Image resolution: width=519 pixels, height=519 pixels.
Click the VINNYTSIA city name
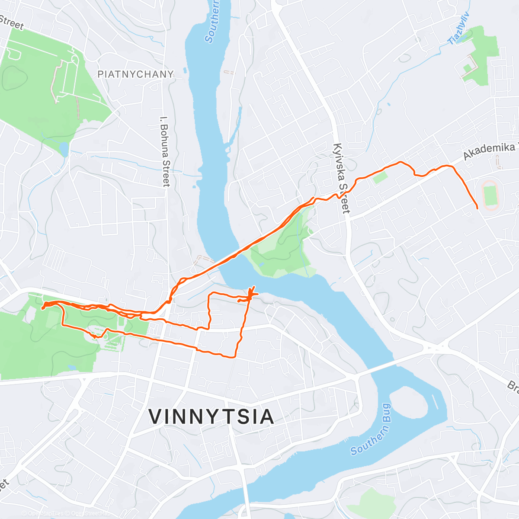[211, 416]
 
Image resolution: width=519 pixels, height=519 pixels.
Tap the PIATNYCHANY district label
[135, 74]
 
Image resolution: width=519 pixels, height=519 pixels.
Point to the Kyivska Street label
[341, 178]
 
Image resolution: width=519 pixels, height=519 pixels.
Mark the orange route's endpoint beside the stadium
[477, 208]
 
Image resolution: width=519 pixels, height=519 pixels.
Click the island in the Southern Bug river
[411, 404]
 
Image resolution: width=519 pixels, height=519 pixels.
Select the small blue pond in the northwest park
[64, 150]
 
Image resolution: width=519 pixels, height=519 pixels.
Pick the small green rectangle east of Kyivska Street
[380, 177]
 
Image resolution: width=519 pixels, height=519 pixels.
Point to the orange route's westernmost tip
[42, 308]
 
